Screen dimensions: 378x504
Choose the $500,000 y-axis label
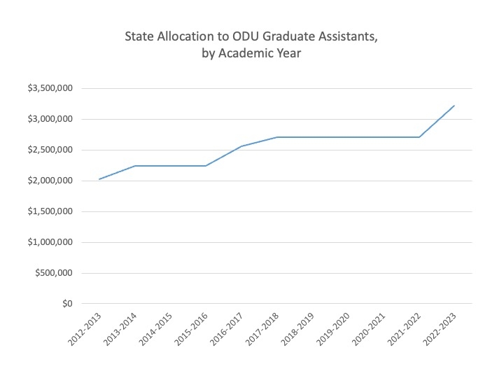pos(53,273)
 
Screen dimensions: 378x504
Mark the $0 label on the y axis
pos(66,304)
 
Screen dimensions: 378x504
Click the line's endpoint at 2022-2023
pos(455,106)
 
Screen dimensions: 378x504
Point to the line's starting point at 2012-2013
pos(99,179)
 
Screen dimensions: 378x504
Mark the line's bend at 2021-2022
pos(419,137)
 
